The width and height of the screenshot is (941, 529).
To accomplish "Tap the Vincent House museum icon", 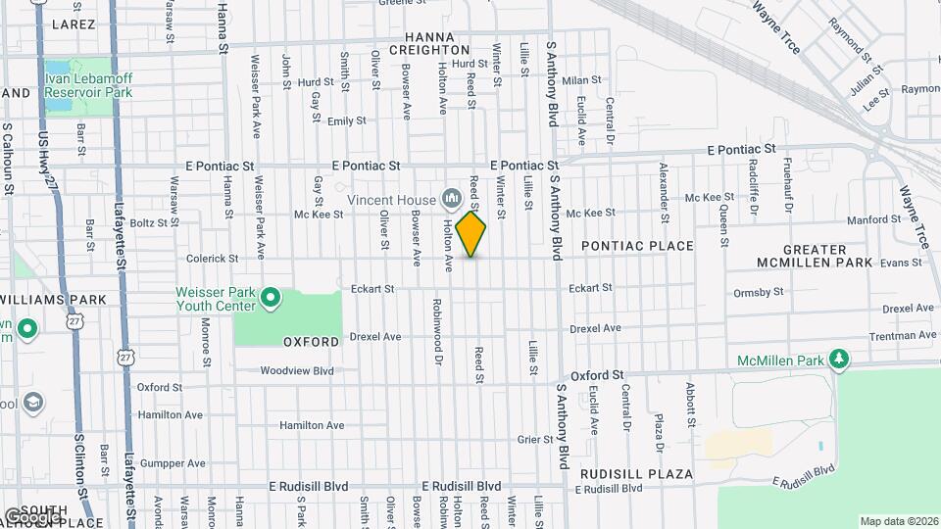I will [x=451, y=199].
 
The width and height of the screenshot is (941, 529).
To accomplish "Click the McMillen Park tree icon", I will [x=839, y=361].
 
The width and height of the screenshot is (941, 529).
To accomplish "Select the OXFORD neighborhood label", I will [x=311, y=342].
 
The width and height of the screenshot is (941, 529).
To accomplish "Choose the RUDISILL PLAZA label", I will [x=636, y=474].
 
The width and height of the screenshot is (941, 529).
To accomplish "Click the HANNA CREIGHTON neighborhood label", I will [x=429, y=41].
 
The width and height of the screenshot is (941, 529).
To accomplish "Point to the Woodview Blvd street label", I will [x=297, y=371].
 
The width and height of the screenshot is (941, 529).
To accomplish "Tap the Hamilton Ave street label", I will [x=312, y=425].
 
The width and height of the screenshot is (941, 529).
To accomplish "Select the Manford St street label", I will [x=867, y=220].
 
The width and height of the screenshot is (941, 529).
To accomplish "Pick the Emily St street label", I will [x=346, y=121].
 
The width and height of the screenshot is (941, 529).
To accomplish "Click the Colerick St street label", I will [x=213, y=259].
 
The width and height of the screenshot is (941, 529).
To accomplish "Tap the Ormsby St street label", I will [x=758, y=292].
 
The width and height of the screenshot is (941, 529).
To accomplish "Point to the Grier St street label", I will [x=536, y=440].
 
